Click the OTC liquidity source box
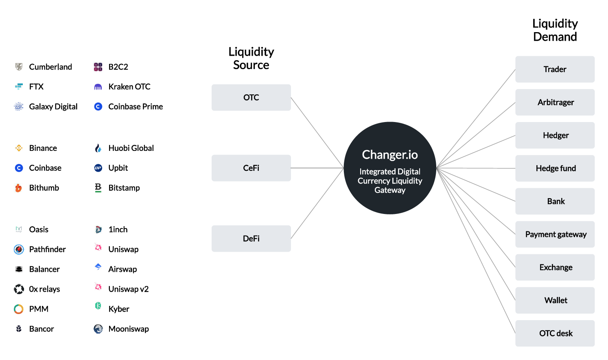pos(251,97)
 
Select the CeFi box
pos(251,168)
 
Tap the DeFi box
pos(251,238)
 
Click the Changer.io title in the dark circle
pos(390,155)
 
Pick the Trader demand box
pos(555,69)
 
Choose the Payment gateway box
pos(555,234)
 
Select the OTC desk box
pos(555,333)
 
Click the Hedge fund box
pos(555,168)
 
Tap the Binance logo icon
pos(19,148)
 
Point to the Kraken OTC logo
pos(98,87)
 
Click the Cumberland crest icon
pos(19,67)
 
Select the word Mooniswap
pos(129,329)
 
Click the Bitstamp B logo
pos(98,188)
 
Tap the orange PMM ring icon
pos(19,309)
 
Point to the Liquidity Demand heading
pos(555,30)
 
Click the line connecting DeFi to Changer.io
pos(317,203)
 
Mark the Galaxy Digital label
pos(53,107)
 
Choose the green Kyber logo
pos(98,306)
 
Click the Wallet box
pos(555,300)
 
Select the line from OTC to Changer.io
pos(317,133)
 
